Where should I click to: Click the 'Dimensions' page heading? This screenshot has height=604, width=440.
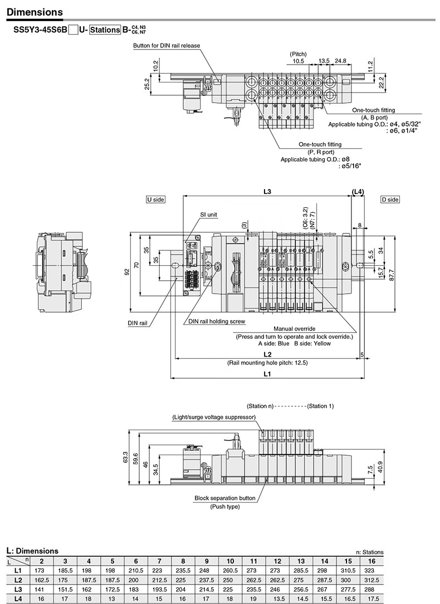[x=35, y=12]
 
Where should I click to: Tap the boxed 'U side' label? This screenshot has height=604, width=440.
[x=155, y=199]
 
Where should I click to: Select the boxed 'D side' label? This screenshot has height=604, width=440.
[x=390, y=199]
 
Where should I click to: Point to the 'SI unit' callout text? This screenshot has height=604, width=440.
[x=208, y=215]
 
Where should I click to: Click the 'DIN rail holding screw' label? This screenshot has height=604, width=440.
[x=217, y=322]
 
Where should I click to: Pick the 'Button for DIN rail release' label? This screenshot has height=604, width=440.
[x=167, y=46]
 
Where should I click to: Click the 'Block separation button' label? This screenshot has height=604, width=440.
[x=225, y=498]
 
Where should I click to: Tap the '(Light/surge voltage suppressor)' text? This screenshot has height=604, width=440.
[x=214, y=417]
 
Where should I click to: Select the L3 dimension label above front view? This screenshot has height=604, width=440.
[x=267, y=192]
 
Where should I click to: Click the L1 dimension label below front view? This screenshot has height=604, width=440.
[x=267, y=374]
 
